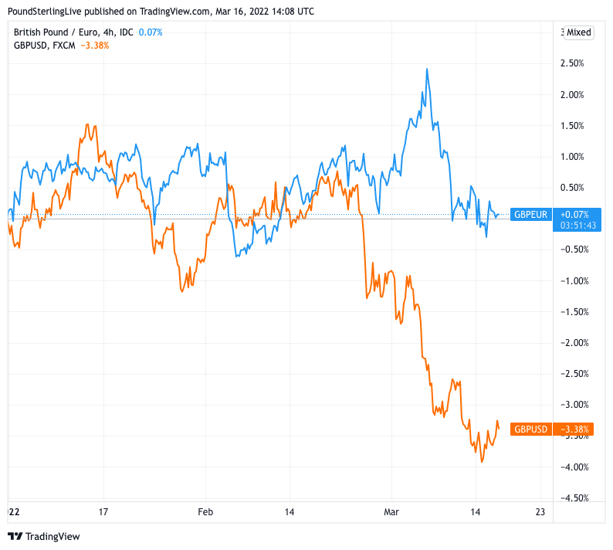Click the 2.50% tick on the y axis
tap(577, 63)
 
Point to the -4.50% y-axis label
tap(576, 497)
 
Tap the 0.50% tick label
tap(577, 187)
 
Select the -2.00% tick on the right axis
tap(576, 342)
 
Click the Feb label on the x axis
tap(205, 511)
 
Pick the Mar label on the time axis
tap(391, 511)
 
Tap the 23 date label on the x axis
tap(540, 511)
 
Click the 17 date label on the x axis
tap(103, 511)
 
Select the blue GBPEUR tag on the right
tap(531, 214)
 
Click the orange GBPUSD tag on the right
tap(531, 429)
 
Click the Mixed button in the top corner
tap(578, 32)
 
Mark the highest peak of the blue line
tap(427, 69)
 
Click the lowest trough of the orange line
tap(483, 462)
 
